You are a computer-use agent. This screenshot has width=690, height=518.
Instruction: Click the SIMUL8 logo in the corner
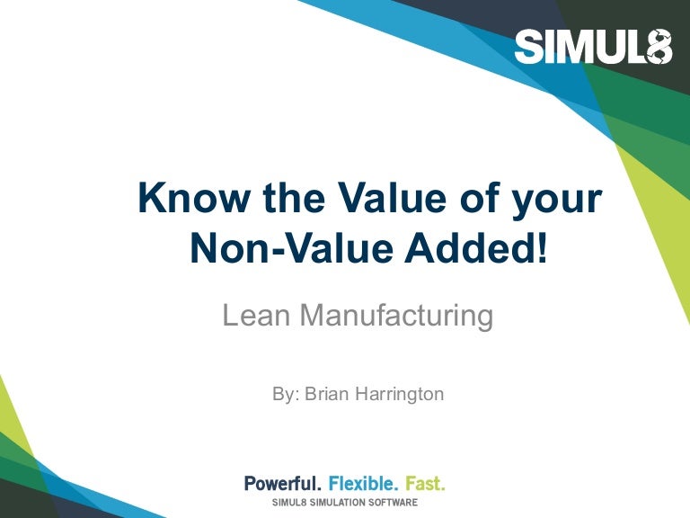pyautogui.click(x=593, y=47)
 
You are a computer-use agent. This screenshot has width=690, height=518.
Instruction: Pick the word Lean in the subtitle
pyautogui.click(x=256, y=316)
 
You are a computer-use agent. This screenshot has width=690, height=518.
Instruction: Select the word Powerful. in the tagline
pyautogui.click(x=283, y=484)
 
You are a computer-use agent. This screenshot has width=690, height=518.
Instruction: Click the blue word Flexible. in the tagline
pyautogui.click(x=365, y=484)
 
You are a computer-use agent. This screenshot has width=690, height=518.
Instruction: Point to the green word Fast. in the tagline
pyautogui.click(x=426, y=484)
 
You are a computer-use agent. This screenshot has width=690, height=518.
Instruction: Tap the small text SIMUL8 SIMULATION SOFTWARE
pyautogui.click(x=345, y=501)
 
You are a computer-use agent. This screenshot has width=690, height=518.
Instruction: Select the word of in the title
pyautogui.click(x=460, y=199)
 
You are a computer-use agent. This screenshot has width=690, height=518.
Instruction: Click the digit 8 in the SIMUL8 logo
pyautogui.click(x=659, y=47)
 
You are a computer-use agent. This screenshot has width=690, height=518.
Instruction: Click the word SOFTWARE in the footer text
pyautogui.click(x=395, y=501)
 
